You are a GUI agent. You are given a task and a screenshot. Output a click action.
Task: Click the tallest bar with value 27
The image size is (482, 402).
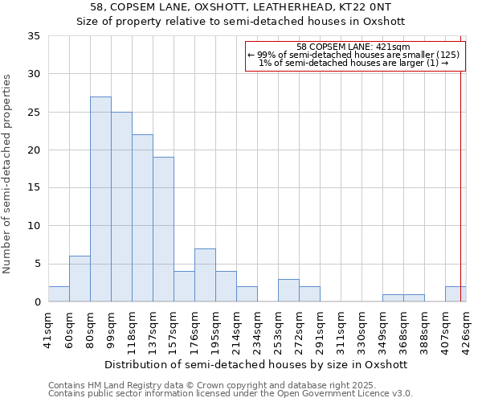pyautogui.click(x=100, y=199)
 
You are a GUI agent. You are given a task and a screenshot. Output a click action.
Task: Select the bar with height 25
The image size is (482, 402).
pyautogui.click(x=121, y=207)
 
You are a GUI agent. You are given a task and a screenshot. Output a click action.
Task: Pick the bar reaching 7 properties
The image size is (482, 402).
pyautogui.click(x=205, y=275)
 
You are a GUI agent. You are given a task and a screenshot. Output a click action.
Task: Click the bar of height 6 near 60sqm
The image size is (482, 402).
pyautogui.click(x=80, y=279)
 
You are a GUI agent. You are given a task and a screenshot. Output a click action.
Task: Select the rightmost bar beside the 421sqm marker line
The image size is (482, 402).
pyautogui.click(x=455, y=294)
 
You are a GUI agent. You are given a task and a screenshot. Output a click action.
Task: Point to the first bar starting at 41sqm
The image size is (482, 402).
pyautogui.click(x=59, y=294)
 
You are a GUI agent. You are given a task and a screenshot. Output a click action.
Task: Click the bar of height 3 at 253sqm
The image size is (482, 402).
pyautogui.click(x=288, y=290)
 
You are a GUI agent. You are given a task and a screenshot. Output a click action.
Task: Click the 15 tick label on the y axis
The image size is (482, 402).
pyautogui.click(x=33, y=188)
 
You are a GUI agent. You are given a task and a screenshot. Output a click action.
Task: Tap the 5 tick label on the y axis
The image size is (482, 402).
pyautogui.click(x=36, y=264)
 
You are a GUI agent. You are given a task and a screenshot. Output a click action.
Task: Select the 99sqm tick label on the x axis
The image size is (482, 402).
pyautogui.click(x=111, y=329)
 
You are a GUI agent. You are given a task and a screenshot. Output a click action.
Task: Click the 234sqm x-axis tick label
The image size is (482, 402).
pyautogui.click(x=257, y=330)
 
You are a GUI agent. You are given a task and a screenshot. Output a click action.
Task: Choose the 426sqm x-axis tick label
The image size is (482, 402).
pyautogui.click(x=466, y=330)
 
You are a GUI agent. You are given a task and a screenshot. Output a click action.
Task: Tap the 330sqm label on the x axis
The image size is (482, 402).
pyautogui.click(x=361, y=330)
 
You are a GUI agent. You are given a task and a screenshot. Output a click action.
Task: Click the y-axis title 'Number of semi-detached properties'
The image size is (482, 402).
pyautogui.click(x=8, y=174)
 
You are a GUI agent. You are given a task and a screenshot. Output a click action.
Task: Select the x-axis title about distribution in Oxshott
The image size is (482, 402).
pyautogui.click(x=256, y=364)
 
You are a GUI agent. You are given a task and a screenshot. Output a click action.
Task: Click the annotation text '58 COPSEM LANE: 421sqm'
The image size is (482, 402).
pyautogui.click(x=353, y=47)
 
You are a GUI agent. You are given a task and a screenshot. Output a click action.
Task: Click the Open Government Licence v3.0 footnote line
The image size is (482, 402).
pyautogui.click(x=231, y=393)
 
